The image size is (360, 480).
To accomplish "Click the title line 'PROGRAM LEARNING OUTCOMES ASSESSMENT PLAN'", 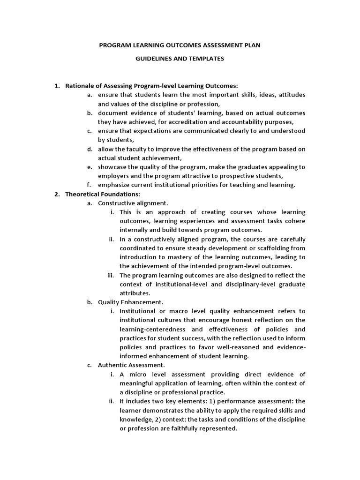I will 180,45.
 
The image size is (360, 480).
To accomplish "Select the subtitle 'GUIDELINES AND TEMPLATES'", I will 180,59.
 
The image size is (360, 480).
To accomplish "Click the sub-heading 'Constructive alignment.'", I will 133,203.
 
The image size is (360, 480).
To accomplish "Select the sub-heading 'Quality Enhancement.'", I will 130,302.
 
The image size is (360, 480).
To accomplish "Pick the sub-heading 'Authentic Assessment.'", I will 131,365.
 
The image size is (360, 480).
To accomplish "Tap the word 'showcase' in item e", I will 112,167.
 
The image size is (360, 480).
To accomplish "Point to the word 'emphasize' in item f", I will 113,185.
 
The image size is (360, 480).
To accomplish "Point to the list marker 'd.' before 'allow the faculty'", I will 90,149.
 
